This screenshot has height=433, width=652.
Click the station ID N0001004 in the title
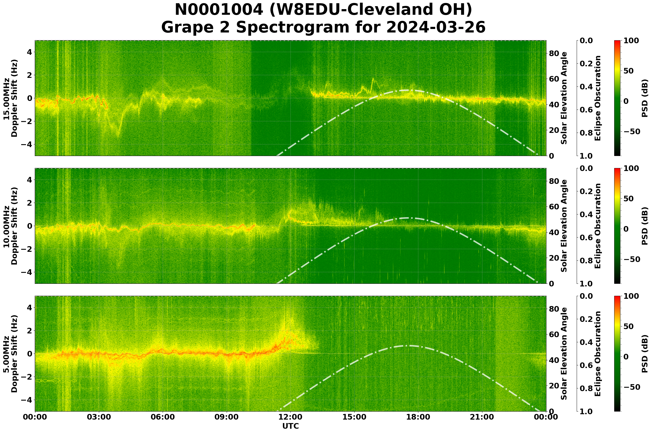click(x=219, y=10)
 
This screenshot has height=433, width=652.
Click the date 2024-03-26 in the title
click(x=436, y=28)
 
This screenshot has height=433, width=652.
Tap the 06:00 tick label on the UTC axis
click(x=163, y=417)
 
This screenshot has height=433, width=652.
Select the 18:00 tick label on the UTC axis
click(x=418, y=417)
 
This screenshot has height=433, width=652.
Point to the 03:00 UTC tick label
click(x=99, y=417)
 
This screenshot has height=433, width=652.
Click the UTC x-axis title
click(x=290, y=426)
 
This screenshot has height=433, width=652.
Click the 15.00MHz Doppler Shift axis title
click(x=10, y=98)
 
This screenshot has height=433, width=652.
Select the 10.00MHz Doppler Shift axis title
click(x=10, y=226)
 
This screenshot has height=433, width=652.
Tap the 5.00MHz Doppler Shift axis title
click(x=10, y=354)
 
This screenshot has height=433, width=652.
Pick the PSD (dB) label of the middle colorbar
click(x=645, y=226)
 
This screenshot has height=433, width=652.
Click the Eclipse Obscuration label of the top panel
click(x=597, y=98)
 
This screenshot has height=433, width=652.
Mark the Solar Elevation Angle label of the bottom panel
click(x=564, y=354)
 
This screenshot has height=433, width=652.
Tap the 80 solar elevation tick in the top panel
click(x=554, y=53)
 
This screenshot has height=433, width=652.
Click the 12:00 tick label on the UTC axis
click(x=290, y=417)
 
